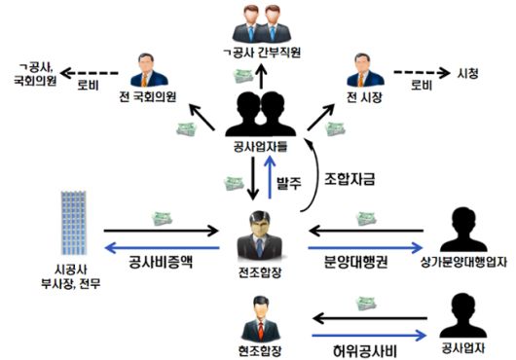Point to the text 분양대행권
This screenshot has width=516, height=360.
[359, 262]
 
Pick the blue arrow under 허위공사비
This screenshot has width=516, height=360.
[359, 332]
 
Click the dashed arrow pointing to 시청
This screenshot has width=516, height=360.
[416, 73]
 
